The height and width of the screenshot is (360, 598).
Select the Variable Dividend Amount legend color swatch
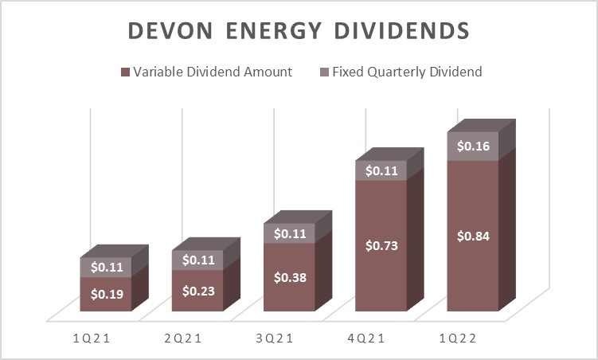click(x=124, y=72)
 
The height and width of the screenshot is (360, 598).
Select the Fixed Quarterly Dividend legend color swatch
click(x=326, y=72)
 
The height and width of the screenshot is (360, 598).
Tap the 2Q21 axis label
click(x=182, y=338)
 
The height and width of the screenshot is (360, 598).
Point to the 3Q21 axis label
click(x=276, y=338)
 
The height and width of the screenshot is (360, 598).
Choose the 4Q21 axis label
click(x=368, y=338)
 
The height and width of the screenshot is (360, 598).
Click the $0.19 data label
click(x=105, y=294)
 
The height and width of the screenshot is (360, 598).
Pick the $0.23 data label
click(x=197, y=291)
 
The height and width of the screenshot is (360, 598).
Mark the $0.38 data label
click(x=289, y=277)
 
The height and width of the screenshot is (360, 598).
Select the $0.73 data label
click(x=381, y=245)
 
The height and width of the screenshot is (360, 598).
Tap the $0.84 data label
click(x=473, y=236)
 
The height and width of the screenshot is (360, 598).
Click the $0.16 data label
click(x=473, y=147)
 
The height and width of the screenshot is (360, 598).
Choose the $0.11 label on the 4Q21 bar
click(x=381, y=170)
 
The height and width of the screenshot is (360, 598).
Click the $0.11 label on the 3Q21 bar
click(x=289, y=234)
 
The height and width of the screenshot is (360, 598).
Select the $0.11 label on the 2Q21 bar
click(x=197, y=260)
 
